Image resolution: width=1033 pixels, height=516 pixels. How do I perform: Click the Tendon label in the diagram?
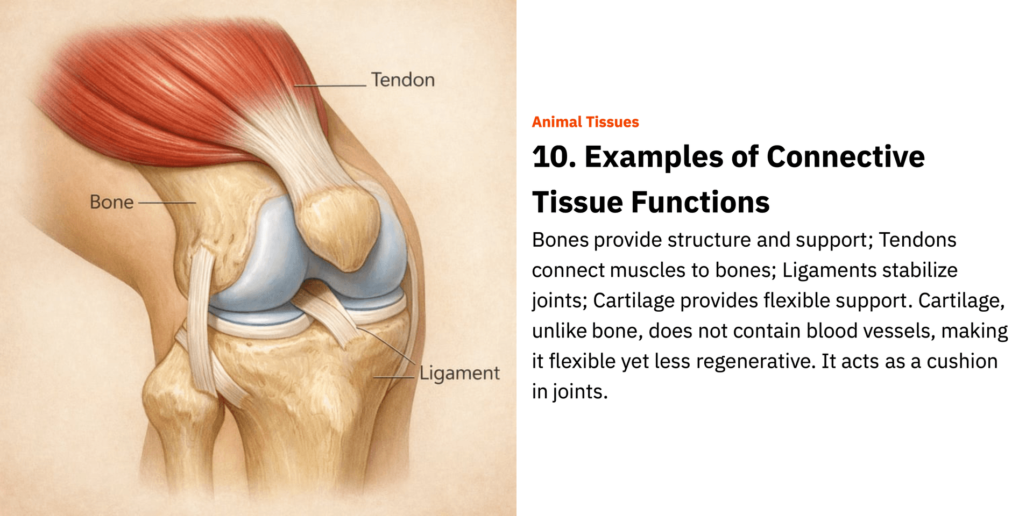[403, 80]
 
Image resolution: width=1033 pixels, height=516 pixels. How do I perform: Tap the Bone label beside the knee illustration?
[112, 202]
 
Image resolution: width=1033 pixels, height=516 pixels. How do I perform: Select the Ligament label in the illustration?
[459, 373]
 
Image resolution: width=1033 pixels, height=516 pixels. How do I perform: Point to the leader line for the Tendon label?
[330, 85]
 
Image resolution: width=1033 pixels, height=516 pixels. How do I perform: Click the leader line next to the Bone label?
[167, 203]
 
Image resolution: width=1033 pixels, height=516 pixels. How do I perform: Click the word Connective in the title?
[846, 157]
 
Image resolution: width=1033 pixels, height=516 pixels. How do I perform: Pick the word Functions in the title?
[700, 203]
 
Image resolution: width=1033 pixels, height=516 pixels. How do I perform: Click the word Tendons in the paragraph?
[917, 240]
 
